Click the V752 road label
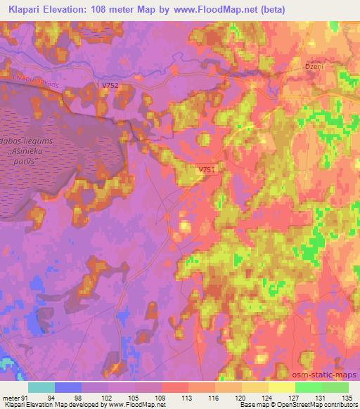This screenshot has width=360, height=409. (110, 86)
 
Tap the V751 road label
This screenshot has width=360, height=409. (206, 170)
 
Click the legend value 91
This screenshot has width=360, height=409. (25, 398)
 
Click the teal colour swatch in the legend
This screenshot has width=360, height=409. (41, 387)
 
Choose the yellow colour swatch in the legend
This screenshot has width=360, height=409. (282, 387)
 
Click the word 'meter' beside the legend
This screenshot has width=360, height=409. (11, 398)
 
